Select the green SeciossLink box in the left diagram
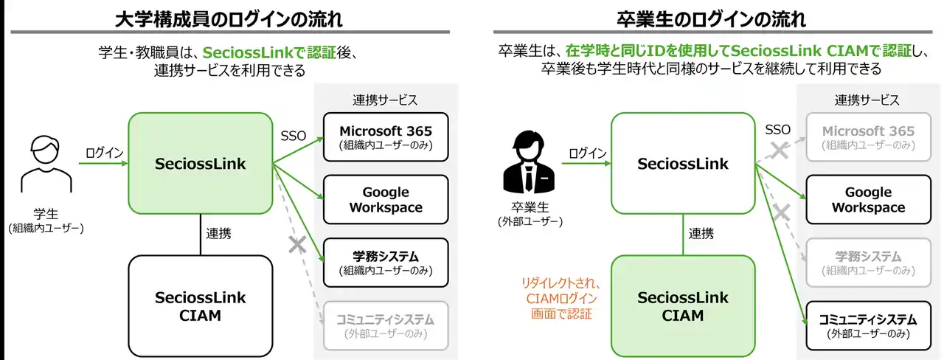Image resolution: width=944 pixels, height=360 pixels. (201, 163)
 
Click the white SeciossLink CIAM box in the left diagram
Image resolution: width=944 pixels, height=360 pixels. (201, 305)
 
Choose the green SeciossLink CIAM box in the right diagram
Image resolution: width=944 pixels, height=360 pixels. (682, 305)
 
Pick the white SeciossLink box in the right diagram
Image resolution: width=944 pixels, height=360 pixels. (682, 163)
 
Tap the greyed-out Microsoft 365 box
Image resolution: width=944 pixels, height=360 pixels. (867, 138)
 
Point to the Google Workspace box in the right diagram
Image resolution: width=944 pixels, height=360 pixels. (867, 200)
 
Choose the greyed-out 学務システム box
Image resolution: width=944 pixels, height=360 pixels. (867, 263)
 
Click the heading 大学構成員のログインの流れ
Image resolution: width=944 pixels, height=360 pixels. (223, 17)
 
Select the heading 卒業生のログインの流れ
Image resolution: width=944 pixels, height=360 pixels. (712, 17)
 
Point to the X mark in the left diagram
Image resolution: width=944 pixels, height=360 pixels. (297, 246)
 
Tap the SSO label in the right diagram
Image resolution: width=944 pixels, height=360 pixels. (777, 130)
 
